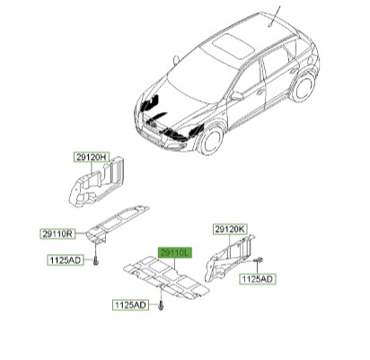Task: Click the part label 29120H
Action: (92, 157)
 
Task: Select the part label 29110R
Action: (57, 233)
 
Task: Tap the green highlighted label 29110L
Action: (175, 253)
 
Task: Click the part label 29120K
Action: (230, 230)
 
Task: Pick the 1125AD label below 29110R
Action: (66, 260)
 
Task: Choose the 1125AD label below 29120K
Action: (258, 279)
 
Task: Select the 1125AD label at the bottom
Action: (130, 305)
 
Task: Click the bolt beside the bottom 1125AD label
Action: (161, 306)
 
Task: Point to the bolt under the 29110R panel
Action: (95, 261)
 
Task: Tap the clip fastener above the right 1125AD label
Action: (259, 259)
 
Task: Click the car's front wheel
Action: (211, 140)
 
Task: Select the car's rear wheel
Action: (303, 86)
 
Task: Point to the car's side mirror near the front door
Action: (237, 96)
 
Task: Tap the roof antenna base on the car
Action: (270, 25)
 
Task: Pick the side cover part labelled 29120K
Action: (229, 259)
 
